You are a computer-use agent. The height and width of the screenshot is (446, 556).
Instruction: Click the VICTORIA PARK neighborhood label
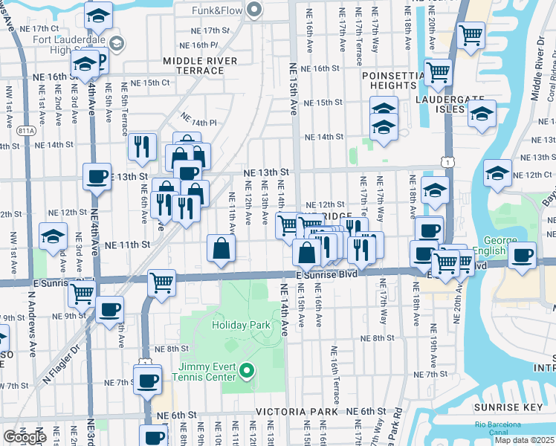point(303,411)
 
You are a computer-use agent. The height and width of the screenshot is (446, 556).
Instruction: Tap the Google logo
point(25,437)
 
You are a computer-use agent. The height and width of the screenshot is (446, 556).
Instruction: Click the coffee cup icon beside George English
point(523,253)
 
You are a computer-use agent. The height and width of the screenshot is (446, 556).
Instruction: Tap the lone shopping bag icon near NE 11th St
point(222,248)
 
